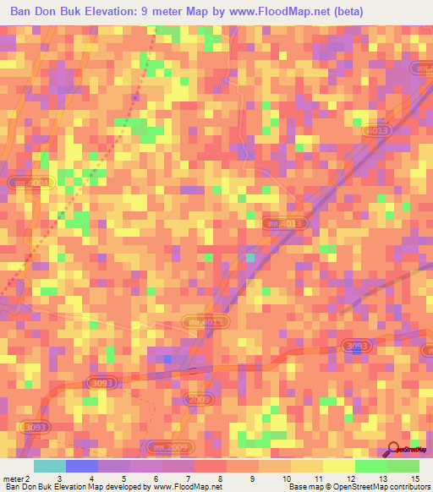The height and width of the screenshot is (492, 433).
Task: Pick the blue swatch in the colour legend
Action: click(x=82, y=466)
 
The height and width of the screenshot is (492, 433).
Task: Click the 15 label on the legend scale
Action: click(x=414, y=478)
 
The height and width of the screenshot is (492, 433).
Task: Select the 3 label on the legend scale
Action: click(x=58, y=478)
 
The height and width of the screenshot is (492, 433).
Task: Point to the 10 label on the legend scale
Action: click(x=286, y=478)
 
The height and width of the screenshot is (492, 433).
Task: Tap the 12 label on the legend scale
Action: click(x=350, y=478)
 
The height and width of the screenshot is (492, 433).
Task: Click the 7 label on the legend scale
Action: click(x=187, y=478)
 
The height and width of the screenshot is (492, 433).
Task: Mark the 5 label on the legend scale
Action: click(x=123, y=478)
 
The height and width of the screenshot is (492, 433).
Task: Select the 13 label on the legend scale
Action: click(x=382, y=478)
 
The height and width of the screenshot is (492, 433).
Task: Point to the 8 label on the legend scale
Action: click(x=219, y=478)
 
